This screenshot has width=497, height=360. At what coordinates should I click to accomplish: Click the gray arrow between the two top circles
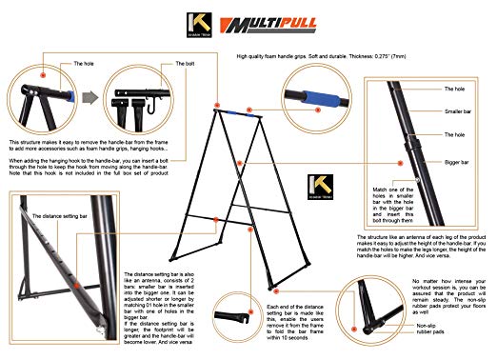point(87,99)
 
